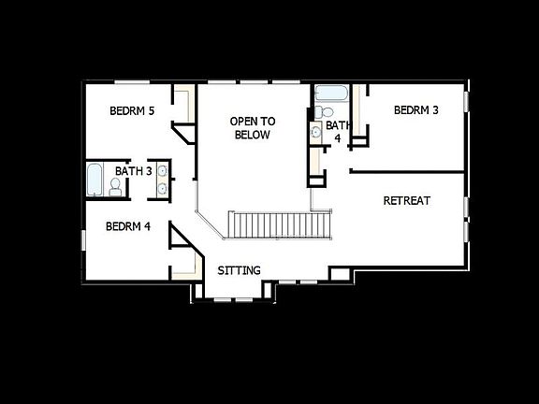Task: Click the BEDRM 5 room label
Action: pyautogui.click(x=132, y=111)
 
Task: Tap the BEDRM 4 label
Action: pyautogui.click(x=128, y=225)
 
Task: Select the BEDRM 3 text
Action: pyautogui.click(x=416, y=110)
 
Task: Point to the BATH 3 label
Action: pyautogui.click(x=133, y=171)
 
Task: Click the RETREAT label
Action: pyautogui.click(x=407, y=201)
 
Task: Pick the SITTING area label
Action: pyautogui.click(x=239, y=271)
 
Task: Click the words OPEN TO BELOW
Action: pyautogui.click(x=253, y=128)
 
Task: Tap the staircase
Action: pyautogui.click(x=282, y=225)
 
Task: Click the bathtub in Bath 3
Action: pyautogui.click(x=94, y=180)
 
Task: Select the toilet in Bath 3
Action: pyautogui.click(x=116, y=188)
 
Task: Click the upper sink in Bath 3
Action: pyautogui.click(x=164, y=171)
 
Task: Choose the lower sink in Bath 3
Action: pyautogui.click(x=164, y=189)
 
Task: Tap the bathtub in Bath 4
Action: pyautogui.click(x=330, y=94)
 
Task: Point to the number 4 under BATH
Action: pyautogui.click(x=338, y=137)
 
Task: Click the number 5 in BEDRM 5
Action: pyautogui.click(x=151, y=111)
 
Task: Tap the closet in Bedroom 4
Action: pyautogui.click(x=183, y=259)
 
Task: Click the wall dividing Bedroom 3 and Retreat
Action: pyautogui.click(x=407, y=171)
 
